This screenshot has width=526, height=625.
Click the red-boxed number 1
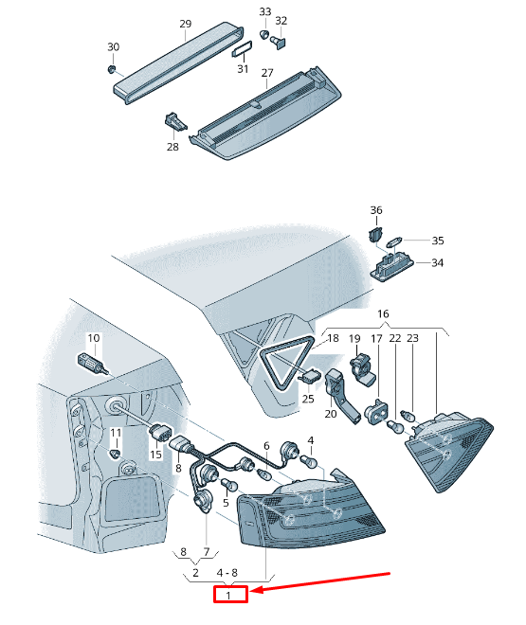[x=228, y=596]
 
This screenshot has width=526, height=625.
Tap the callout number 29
[x=186, y=24]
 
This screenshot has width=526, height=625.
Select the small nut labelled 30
[x=111, y=69]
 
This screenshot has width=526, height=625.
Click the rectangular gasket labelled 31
[x=242, y=48]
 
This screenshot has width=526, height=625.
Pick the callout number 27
[x=267, y=73]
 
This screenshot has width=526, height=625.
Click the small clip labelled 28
[x=174, y=121]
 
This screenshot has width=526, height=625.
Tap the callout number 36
[x=376, y=210]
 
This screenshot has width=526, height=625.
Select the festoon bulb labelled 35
[x=395, y=241]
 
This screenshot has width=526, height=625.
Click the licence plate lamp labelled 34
[x=392, y=266]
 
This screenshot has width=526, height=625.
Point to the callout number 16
[x=383, y=313]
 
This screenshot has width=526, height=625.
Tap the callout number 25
[x=308, y=399]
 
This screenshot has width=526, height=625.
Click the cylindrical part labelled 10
[x=91, y=363]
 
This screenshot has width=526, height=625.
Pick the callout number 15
[x=155, y=454]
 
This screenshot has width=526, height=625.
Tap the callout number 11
[x=116, y=433]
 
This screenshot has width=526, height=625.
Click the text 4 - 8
[x=227, y=573]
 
